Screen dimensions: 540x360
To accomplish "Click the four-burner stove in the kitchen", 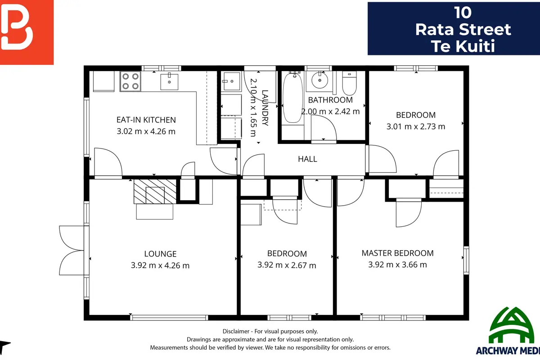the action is coord(130,81).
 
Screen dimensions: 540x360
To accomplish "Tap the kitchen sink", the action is coord(169,82).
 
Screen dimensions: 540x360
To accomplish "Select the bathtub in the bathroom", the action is coord(292,98).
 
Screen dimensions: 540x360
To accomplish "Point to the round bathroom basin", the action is coord(319,80).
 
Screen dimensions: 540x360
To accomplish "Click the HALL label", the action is coord(307,159).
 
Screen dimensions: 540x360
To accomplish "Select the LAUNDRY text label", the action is coord(265,108).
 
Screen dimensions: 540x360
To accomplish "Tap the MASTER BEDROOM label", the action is coord(397,253).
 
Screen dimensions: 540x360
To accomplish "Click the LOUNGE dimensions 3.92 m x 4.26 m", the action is coord(160,265).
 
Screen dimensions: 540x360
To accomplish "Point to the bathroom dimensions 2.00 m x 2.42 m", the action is coord(330,112).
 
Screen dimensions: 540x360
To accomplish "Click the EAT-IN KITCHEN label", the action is coord(146,120).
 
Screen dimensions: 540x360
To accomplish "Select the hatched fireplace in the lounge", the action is coord(155,192).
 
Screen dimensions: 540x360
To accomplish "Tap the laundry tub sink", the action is coord(231,81).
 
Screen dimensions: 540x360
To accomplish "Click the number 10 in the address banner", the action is coord(463,13).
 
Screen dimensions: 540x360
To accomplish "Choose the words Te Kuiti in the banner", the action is coord(463,46).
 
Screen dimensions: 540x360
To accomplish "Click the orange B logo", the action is coord(27,32).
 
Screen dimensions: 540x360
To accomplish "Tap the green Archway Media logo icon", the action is coord(511,325).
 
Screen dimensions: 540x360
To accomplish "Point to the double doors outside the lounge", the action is coord(72,250).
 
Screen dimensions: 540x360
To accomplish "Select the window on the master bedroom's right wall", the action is coord(467,260).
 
